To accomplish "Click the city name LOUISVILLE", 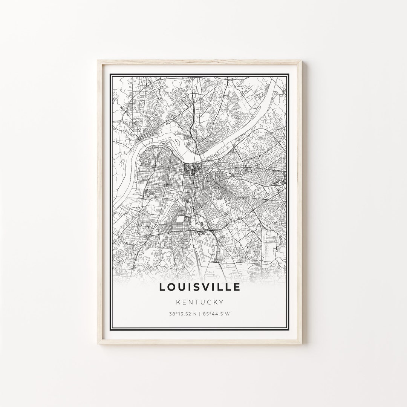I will pos(200,287).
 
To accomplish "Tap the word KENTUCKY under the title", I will pos(200,302).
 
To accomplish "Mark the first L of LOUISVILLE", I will pos(162,287).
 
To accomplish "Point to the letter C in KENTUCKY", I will pos(209,302).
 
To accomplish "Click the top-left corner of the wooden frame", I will pos(98,61).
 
